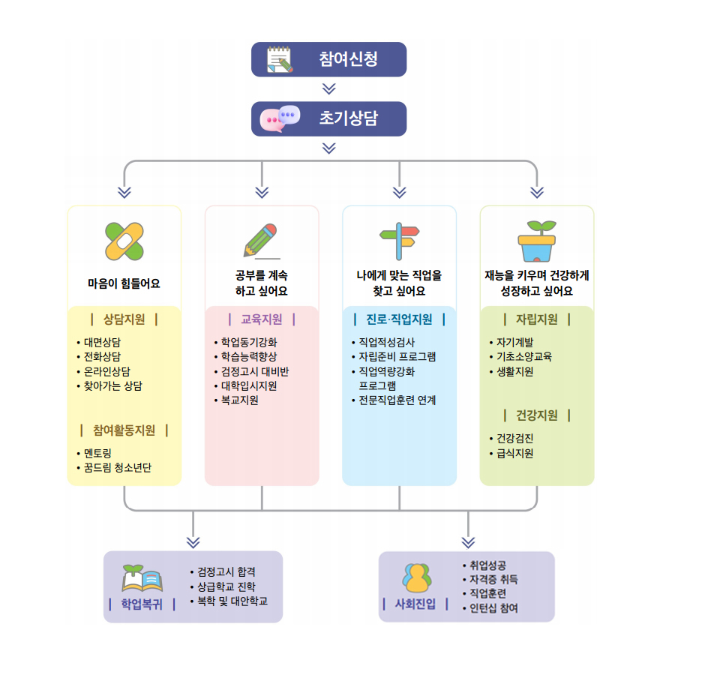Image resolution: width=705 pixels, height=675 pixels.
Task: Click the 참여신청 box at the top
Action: [328, 59]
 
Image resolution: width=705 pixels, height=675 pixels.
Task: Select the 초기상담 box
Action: [328, 118]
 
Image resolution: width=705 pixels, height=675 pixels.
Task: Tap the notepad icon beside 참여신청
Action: [280, 60]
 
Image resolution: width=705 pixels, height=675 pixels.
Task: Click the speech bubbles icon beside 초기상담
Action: [280, 118]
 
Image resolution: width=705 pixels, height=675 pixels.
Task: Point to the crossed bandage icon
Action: [124, 241]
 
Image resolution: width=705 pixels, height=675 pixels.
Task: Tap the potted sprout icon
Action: [537, 240]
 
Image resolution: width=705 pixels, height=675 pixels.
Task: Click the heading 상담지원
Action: [124, 319]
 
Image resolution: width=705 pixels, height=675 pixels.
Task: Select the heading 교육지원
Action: [261, 319]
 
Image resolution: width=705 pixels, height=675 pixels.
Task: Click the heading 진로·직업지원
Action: [399, 319]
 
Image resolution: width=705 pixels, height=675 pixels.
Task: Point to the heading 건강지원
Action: [537, 415]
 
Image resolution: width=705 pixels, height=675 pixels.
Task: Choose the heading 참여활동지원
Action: [124, 430]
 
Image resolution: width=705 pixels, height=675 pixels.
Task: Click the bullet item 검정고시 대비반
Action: [254, 371]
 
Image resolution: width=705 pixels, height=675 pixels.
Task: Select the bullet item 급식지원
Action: [514, 453]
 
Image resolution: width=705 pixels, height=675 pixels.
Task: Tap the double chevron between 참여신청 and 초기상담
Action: [328, 88]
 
